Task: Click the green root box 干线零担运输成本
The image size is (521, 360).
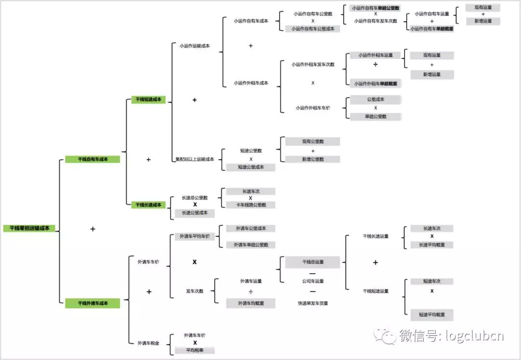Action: click(29, 228)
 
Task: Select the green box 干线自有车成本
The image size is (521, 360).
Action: click(93, 159)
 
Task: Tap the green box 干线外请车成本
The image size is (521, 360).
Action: click(93, 303)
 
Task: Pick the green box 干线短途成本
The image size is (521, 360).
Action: click(149, 100)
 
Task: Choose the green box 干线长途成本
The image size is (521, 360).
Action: click(149, 205)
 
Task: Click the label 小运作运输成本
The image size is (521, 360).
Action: click(194, 46)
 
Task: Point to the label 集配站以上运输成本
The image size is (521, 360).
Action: click(195, 159)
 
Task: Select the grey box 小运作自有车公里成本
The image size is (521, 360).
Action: click(313, 29)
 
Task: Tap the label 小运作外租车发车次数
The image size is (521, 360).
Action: click(313, 64)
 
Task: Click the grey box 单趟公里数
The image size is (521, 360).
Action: click(376, 116)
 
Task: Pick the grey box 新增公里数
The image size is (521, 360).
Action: click(313, 159)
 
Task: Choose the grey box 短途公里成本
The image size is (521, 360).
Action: click(251, 167)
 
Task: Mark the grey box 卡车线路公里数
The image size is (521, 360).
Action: click(251, 205)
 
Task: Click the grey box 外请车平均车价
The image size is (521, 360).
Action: click(195, 236)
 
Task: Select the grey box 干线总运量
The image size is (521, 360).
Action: click(313, 262)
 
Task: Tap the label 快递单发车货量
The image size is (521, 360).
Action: click(313, 304)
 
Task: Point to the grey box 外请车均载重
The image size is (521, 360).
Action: click(251, 303)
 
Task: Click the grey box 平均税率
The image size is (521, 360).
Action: click(194, 350)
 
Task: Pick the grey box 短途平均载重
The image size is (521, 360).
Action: click(432, 315)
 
